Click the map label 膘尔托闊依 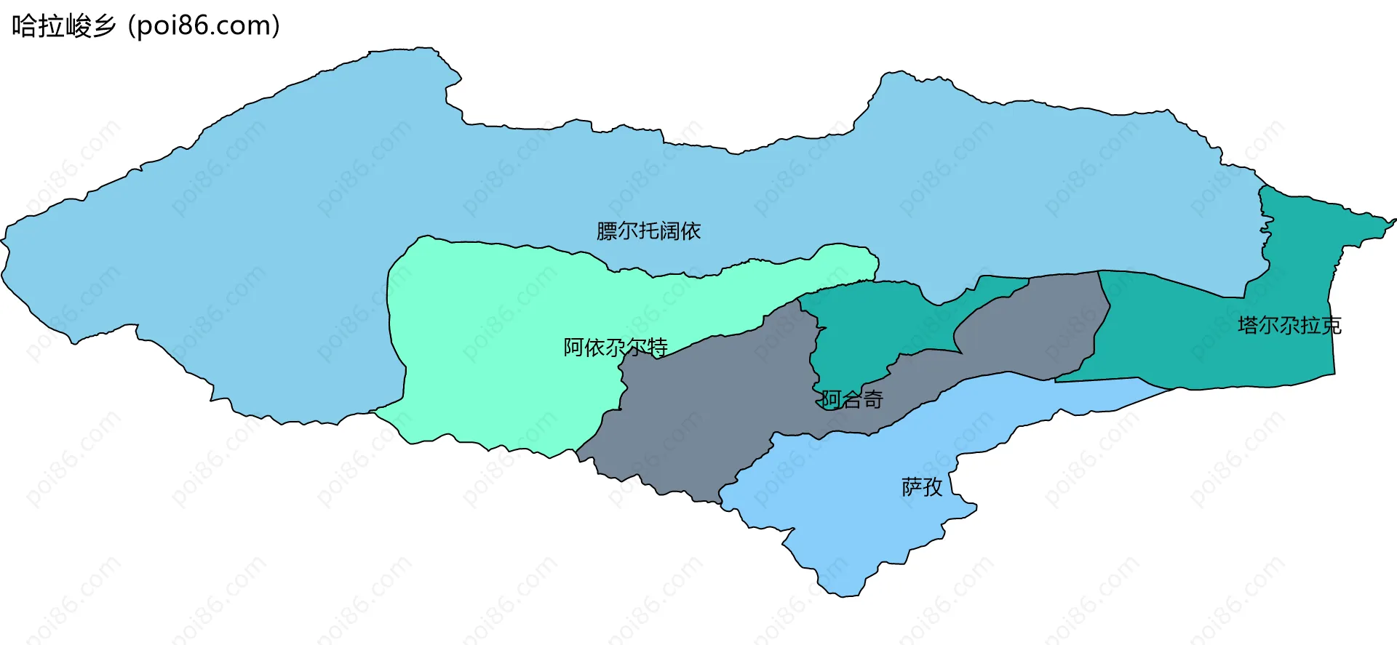click(648, 231)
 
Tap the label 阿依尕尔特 click(616, 348)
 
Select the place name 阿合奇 click(852, 399)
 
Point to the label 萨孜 click(922, 486)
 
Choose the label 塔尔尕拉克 click(1289, 325)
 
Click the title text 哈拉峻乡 click(64, 26)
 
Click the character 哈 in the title click(25, 26)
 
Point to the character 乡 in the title click(104, 26)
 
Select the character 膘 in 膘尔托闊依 click(607, 231)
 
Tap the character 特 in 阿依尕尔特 click(658, 348)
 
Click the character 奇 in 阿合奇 click(873, 399)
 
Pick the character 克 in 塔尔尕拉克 click(1332, 325)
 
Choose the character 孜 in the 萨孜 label click(933, 486)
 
